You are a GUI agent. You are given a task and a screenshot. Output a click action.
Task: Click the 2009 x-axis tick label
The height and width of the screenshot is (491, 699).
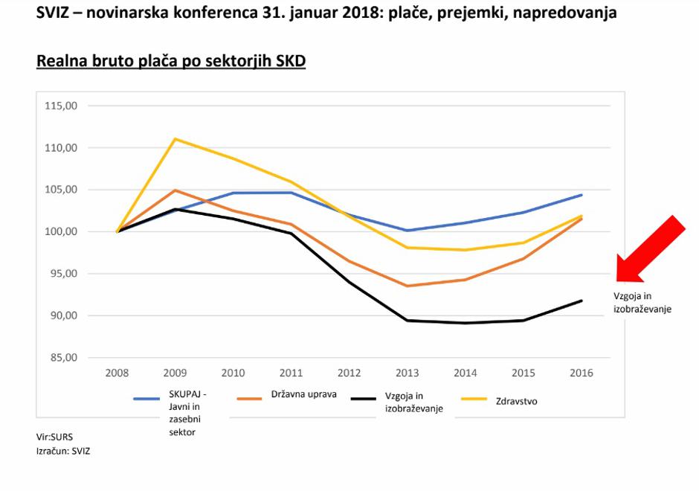coord(175,373)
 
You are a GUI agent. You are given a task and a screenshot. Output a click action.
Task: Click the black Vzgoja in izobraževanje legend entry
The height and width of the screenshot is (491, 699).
coord(413,402)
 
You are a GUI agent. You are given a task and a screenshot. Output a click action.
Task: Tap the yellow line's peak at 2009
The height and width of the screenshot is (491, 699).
coord(175,138)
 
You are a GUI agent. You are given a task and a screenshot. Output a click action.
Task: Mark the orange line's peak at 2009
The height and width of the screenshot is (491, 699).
coord(175,190)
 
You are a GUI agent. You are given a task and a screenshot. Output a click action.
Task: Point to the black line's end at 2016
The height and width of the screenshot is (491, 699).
coord(582,301)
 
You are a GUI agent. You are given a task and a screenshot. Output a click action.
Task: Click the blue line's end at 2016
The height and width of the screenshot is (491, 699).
coord(582,195)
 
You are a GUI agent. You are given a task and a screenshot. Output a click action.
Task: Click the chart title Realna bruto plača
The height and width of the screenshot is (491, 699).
coord(171,61)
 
